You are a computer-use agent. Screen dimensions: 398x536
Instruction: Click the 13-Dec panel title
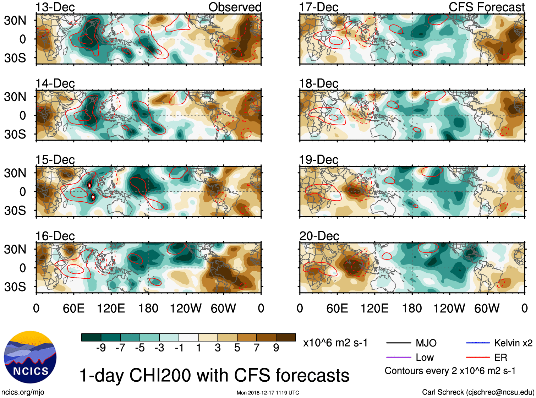55,7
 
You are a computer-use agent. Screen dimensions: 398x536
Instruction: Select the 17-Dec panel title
319,7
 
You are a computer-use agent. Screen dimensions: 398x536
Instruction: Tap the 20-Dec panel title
319,236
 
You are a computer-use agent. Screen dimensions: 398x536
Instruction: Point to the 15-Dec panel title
55,159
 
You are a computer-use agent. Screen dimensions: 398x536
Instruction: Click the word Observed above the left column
235,7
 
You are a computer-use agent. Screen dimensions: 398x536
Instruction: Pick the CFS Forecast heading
486,7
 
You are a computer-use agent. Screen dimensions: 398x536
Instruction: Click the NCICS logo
30,357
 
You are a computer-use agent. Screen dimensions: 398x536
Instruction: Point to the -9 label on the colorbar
101,348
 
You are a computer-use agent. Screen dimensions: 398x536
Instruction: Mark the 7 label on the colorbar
257,348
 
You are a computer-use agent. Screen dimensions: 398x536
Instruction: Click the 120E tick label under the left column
111,308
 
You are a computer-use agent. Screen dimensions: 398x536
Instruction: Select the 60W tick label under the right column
487,308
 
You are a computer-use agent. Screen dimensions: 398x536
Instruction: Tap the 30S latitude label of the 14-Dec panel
15,134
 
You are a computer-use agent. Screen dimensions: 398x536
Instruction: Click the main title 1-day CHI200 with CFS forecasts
214,375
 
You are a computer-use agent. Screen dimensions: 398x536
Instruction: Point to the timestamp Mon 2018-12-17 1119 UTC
268,393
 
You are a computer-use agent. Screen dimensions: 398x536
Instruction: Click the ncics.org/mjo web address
23,392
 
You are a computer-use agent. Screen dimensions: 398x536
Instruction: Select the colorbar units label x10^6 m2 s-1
335,343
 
